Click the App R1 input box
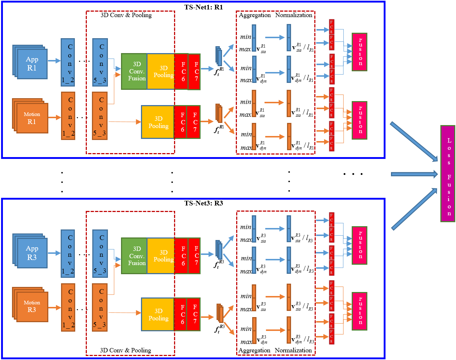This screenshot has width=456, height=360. (x=32, y=64)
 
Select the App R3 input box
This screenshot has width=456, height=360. (x=32, y=253)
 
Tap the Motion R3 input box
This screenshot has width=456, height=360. (x=32, y=307)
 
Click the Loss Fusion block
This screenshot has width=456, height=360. (x=448, y=174)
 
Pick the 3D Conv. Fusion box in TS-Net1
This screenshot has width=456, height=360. (x=134, y=71)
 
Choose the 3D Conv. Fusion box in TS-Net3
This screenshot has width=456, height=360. (x=134, y=256)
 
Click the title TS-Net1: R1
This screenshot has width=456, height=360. (x=203, y=7)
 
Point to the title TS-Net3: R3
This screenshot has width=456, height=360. (x=203, y=203)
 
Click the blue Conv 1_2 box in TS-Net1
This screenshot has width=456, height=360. (x=68, y=62)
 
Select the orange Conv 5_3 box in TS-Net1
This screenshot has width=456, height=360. (x=100, y=116)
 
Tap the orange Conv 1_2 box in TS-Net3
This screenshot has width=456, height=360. (x=68, y=307)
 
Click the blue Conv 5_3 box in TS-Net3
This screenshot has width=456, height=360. (x=100, y=253)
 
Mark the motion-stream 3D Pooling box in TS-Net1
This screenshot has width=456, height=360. (x=158, y=122)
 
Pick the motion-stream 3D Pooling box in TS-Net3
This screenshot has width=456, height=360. (x=158, y=315)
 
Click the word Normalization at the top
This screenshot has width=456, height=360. (x=294, y=15)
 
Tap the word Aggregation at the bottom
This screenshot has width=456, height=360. (x=254, y=351)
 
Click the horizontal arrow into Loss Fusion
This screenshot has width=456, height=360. (x=414, y=174)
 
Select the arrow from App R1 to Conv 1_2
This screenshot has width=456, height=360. (x=54, y=61)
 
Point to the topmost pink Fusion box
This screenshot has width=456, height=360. (x=359, y=52)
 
